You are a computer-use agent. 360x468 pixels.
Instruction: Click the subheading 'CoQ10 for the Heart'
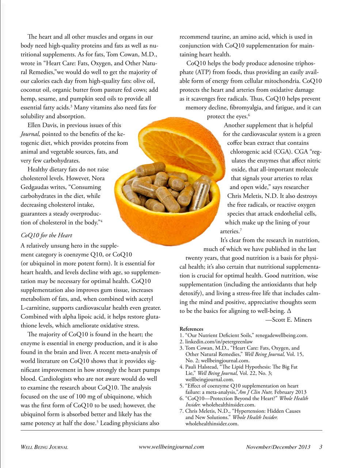point(46,235)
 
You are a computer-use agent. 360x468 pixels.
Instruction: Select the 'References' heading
point(191,329)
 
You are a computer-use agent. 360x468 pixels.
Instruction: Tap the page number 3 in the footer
point(321,447)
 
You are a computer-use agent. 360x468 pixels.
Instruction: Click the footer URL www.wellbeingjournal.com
point(171,447)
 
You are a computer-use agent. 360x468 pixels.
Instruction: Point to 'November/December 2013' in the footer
point(278,447)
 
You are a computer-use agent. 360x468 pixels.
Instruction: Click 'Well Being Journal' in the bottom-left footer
point(44,447)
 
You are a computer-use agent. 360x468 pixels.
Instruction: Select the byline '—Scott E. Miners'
point(288,320)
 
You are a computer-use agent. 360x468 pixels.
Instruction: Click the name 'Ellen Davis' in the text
point(42,125)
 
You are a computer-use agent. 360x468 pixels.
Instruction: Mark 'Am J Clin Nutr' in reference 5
point(255,392)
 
